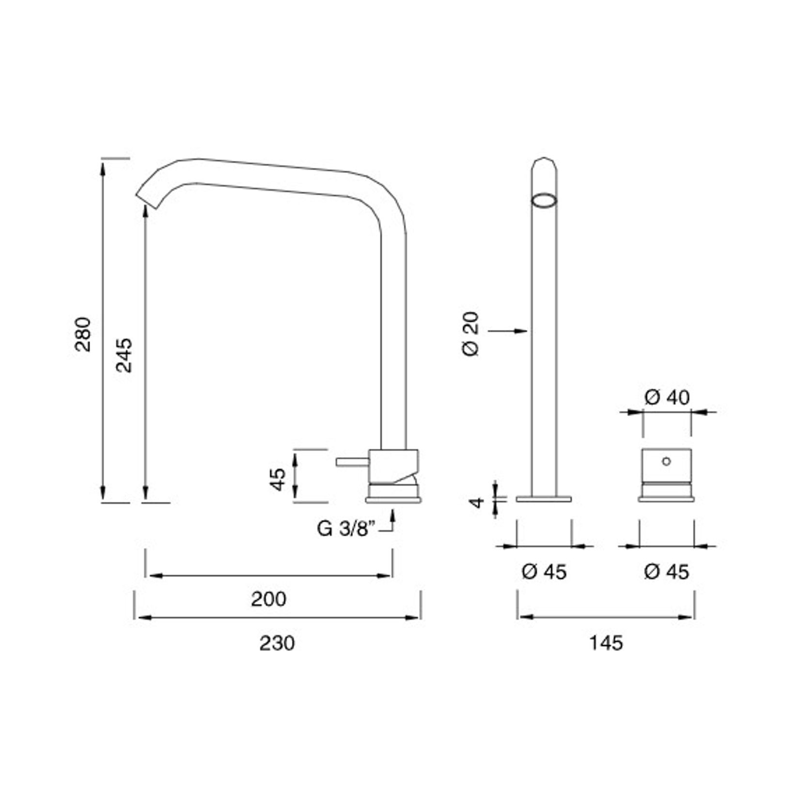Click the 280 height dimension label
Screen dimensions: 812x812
[x=83, y=334]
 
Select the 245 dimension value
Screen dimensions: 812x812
[x=124, y=355]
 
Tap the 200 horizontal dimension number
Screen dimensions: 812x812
[x=268, y=599]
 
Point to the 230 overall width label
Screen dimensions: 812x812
[x=277, y=643]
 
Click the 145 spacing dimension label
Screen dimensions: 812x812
[x=606, y=643]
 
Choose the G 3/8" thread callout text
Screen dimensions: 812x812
[x=346, y=529]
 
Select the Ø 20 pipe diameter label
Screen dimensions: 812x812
[x=471, y=334]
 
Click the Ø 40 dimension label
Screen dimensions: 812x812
[x=667, y=397]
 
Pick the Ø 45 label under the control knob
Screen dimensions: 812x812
[x=666, y=572]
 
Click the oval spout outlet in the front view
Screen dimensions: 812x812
[x=544, y=200]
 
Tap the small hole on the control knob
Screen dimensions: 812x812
[x=666, y=461]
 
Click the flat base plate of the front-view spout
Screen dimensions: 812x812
[x=544, y=499]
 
